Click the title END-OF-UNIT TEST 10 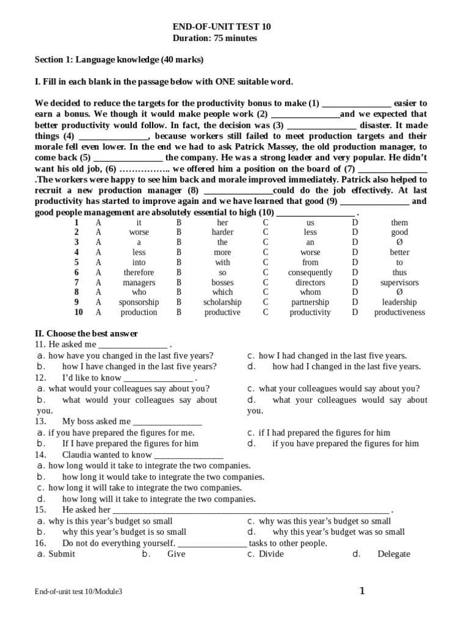222,27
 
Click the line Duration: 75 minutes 216,38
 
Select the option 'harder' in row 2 222,233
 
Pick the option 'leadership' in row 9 399,302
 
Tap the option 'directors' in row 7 310,283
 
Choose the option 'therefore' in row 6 139,273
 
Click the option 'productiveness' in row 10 399,312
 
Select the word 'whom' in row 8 310,292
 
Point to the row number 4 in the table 76,253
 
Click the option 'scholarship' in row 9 222,302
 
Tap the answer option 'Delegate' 394,554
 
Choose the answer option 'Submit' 62,554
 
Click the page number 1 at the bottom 362,591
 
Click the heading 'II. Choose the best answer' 86,334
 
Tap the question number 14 41,455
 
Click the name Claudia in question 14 77,455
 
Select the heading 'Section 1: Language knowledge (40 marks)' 119,60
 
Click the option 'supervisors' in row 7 399,283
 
